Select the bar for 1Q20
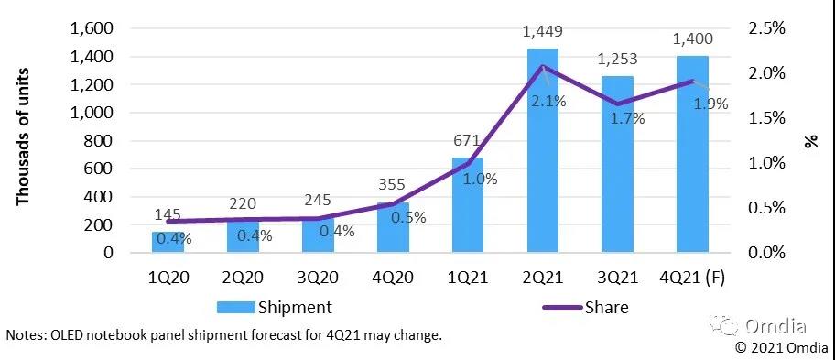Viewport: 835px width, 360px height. coord(168,242)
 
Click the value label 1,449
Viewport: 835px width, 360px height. coord(541,32)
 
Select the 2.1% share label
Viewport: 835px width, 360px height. coord(549,101)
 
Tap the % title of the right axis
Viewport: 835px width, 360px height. coord(810,140)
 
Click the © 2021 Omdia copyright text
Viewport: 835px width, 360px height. coord(781,346)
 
